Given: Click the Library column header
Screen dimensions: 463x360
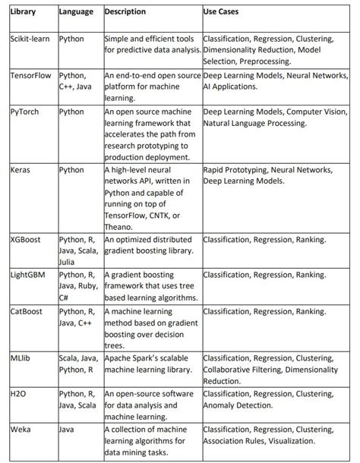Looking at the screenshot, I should (22, 13).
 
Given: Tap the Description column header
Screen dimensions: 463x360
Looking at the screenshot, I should (125, 13).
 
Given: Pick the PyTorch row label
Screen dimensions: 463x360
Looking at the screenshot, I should (25, 111).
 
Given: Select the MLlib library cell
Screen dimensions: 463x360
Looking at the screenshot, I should (21, 356).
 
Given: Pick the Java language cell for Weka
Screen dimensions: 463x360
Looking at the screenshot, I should (68, 429).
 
